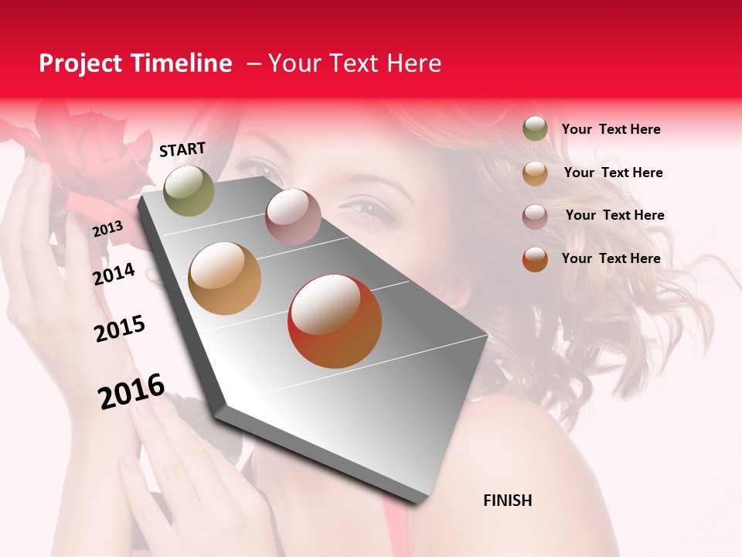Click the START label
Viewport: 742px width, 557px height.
click(x=182, y=149)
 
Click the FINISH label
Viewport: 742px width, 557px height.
click(x=507, y=501)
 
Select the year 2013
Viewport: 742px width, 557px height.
click(x=107, y=229)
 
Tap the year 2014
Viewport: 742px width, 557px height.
click(x=114, y=275)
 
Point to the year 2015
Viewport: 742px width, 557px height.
click(x=120, y=329)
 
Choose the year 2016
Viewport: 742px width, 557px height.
click(x=131, y=391)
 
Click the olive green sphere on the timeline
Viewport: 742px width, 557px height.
click(x=189, y=191)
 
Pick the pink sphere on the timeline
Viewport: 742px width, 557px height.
click(x=293, y=216)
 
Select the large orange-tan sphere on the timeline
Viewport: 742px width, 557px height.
click(x=224, y=278)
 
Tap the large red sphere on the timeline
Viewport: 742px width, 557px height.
click(x=335, y=321)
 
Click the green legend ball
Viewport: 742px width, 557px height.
click(x=535, y=128)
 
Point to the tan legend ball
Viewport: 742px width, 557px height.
click(x=535, y=173)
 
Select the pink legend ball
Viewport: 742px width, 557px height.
click(x=535, y=217)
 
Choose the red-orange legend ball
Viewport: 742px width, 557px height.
click(x=535, y=259)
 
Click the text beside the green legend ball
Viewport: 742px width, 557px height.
click(x=611, y=129)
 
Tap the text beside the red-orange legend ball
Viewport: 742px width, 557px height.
click(x=611, y=258)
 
